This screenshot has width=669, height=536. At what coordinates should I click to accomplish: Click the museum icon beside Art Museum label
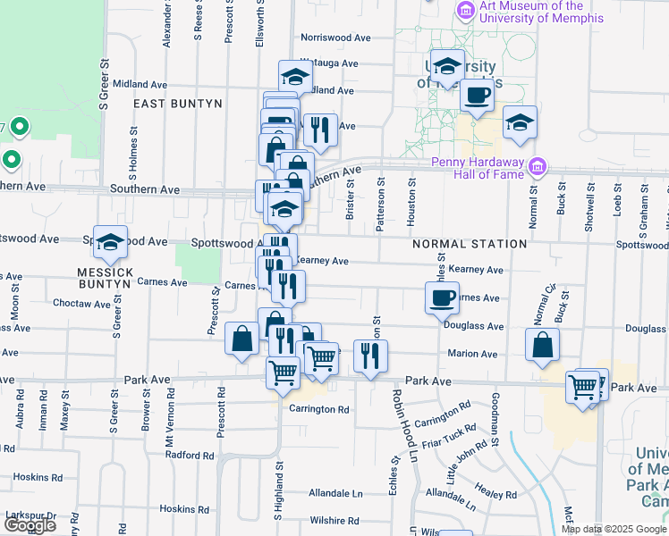pyautogui.click(x=465, y=12)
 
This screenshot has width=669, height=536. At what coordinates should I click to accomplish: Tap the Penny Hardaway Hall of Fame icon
pyautogui.click(x=537, y=167)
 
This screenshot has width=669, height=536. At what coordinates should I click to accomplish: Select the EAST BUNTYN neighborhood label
pyautogui.click(x=177, y=104)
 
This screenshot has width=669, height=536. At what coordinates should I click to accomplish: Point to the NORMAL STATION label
pyautogui.click(x=470, y=244)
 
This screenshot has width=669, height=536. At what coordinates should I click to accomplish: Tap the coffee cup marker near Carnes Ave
pyautogui.click(x=443, y=298)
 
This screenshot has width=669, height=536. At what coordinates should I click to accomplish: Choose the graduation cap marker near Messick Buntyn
pyautogui.click(x=111, y=243)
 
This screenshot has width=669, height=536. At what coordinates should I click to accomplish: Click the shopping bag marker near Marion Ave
pyautogui.click(x=542, y=346)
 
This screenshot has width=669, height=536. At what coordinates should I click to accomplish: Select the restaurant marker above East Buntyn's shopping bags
pyautogui.click(x=319, y=130)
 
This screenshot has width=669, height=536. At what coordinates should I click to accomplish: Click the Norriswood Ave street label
pyautogui.click(x=335, y=38)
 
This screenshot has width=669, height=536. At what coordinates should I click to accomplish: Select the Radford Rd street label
pyautogui.click(x=190, y=455)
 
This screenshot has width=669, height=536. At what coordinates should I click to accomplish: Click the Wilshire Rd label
pyautogui.click(x=333, y=520)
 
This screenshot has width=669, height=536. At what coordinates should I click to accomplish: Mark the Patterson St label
pyautogui.click(x=381, y=205)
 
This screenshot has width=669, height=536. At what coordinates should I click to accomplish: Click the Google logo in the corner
pyautogui.click(x=30, y=525)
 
